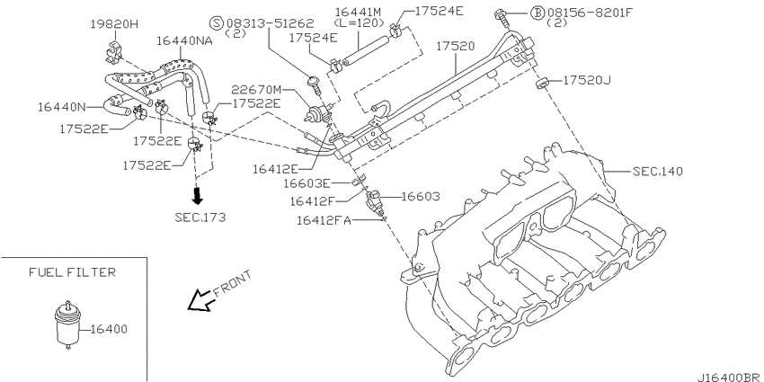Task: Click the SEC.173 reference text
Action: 200,217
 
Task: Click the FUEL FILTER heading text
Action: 72,271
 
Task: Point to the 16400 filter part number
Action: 109,329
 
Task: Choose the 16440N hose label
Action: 61,106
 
